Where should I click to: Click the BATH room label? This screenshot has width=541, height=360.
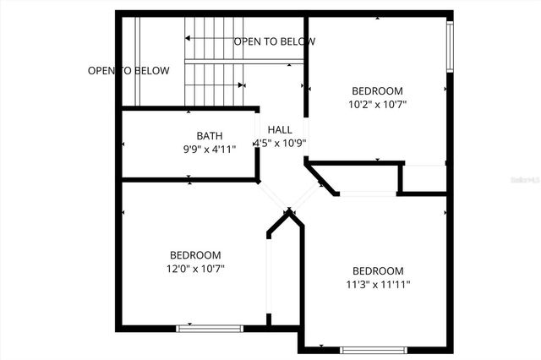tap(210, 135)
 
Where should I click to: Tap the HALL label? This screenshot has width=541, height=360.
tap(280, 129)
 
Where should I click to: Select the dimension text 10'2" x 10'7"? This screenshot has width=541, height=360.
tap(378, 105)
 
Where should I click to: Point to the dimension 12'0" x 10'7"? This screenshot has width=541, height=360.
tap(195, 269)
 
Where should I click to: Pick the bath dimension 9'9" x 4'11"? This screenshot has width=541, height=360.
tap(210, 149)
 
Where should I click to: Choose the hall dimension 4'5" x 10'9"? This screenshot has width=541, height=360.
tap(280, 143)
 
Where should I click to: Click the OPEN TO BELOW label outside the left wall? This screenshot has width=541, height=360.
tap(128, 71)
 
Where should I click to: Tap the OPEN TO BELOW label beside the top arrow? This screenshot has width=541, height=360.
tap(275, 41)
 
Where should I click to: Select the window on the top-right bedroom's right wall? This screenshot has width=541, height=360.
tap(451, 46)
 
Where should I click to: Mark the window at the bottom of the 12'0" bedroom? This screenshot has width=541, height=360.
tap(210, 328)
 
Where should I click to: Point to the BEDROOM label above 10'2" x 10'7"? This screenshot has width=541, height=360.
tap(377, 91)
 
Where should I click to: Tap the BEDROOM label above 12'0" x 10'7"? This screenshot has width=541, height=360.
tap(195, 255)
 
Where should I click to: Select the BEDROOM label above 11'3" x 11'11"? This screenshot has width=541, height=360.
tap(378, 270)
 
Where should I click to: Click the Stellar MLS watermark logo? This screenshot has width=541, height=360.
tap(525, 179)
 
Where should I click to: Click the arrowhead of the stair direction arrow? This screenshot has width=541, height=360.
tap(189, 39)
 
